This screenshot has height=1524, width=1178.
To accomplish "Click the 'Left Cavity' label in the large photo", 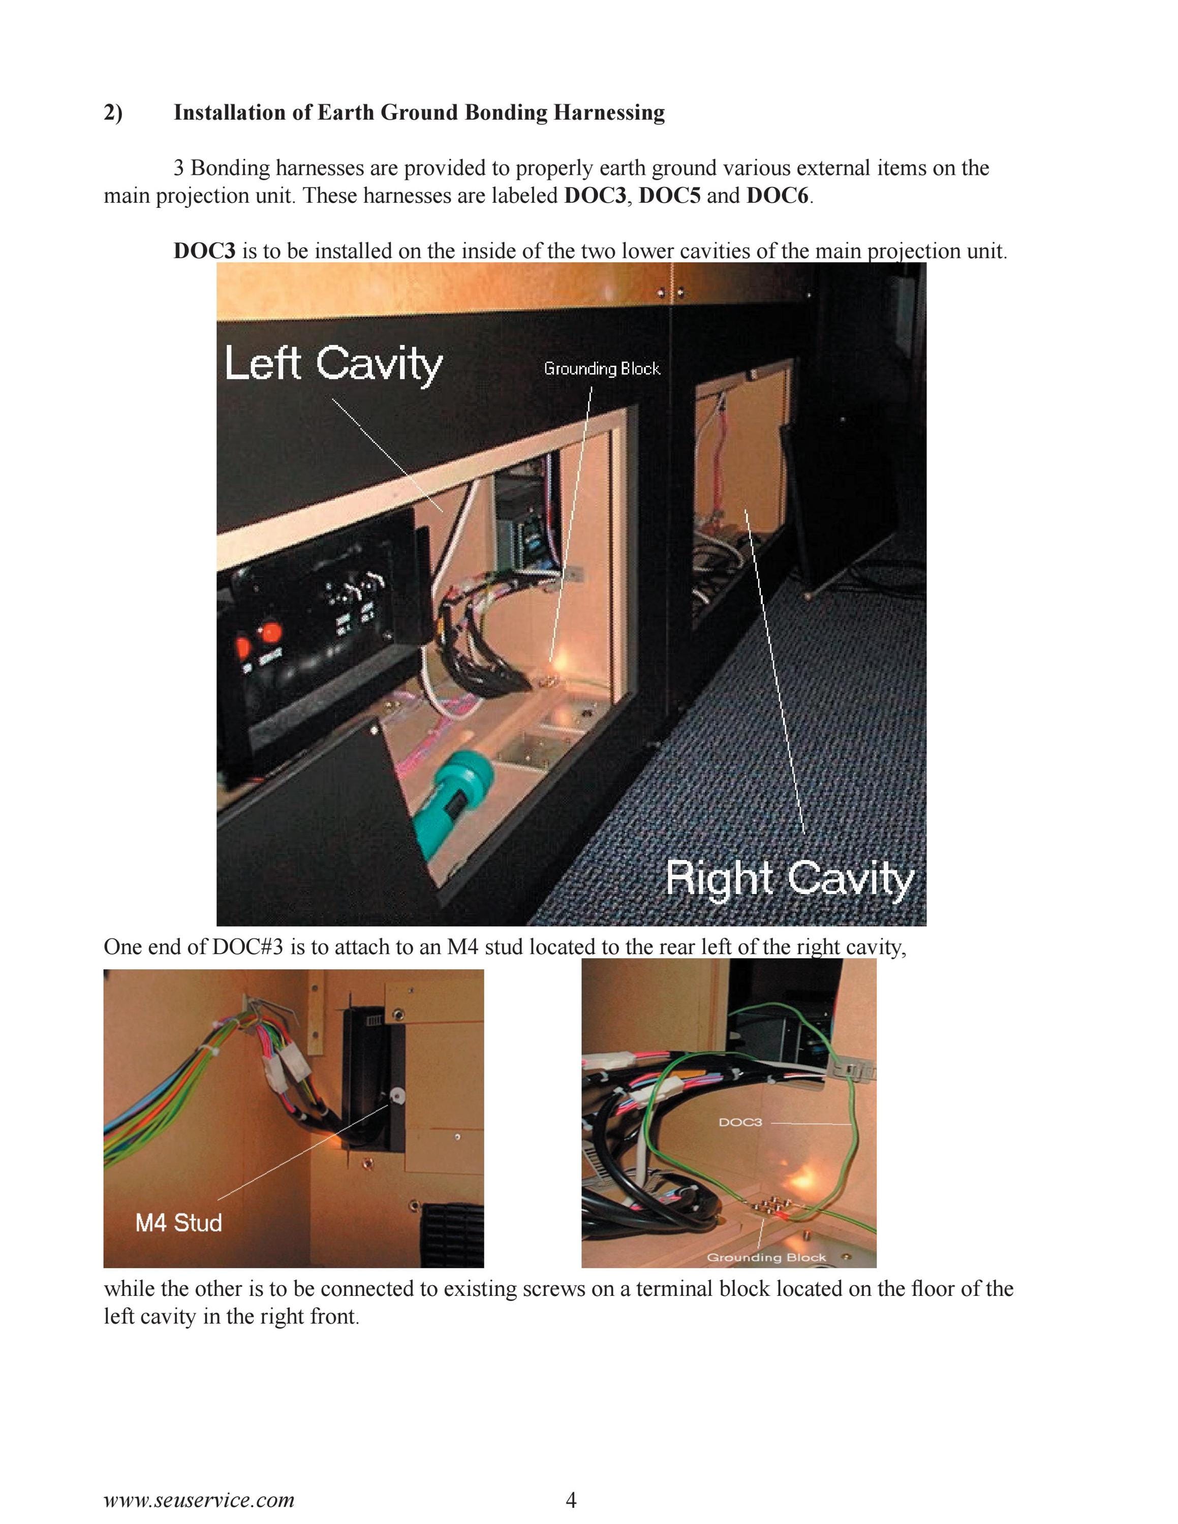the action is pos(333,364).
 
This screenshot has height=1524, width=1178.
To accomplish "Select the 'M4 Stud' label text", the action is pos(179,1223).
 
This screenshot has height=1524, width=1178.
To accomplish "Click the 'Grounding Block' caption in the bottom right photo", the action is pos(766,1257).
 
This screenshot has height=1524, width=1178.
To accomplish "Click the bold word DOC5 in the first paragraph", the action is pos(669,196).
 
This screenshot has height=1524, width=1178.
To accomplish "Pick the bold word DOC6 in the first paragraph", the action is pos(777,196).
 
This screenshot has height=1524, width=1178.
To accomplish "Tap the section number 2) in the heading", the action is pos(113,112).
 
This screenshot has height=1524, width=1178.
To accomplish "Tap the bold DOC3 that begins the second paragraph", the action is pos(204,250).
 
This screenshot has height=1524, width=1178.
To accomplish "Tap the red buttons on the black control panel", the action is pos(258,639).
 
